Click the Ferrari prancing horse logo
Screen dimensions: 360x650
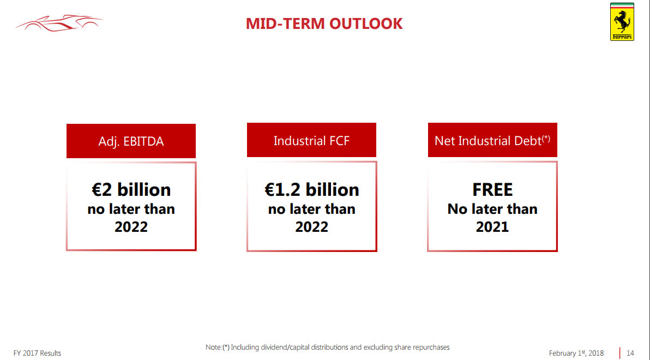click(622, 21)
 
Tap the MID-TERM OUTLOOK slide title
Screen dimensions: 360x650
click(324, 23)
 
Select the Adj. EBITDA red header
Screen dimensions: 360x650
click(131, 141)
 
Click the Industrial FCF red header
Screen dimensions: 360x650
click(311, 141)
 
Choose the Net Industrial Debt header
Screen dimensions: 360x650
click(492, 140)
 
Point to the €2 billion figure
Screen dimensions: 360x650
click(131, 189)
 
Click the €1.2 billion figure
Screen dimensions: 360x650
click(311, 189)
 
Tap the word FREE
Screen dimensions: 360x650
click(492, 189)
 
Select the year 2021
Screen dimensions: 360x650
click(492, 227)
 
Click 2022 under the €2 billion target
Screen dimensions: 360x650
click(131, 227)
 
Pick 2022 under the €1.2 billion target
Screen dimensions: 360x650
click(311, 227)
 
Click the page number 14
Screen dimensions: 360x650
click(630, 353)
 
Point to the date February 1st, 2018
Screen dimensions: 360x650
click(576, 353)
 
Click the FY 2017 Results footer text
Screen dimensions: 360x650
click(37, 353)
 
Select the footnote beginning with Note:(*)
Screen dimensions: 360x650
click(327, 347)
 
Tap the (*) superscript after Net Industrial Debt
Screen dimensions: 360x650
click(546, 139)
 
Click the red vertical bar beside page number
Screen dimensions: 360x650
click(620, 352)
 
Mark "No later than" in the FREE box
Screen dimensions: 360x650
click(492, 209)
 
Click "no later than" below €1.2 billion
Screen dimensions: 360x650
click(311, 209)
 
